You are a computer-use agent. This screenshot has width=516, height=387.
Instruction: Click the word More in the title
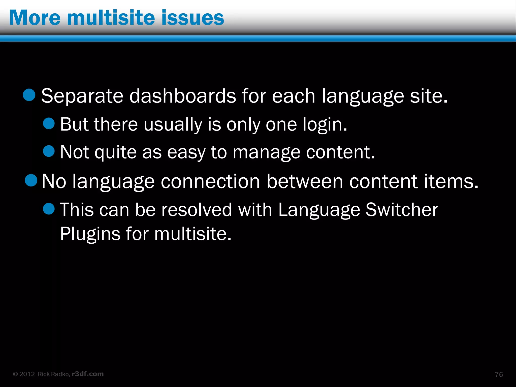click(x=35, y=18)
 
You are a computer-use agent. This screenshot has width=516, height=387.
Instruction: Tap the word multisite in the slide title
click(x=111, y=18)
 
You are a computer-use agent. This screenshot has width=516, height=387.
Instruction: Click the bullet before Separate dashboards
click(x=29, y=95)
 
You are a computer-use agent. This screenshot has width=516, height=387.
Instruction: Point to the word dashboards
click(x=183, y=96)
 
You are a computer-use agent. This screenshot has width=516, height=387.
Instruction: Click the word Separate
click(x=82, y=96)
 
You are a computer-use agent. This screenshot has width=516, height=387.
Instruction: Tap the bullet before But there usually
click(x=49, y=123)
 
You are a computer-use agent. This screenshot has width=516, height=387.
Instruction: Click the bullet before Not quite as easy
click(x=49, y=151)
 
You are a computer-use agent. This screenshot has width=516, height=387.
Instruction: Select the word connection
click(x=210, y=181)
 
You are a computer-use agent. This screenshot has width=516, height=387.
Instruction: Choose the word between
click(x=305, y=181)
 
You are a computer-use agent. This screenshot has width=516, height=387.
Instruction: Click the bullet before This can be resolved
click(x=49, y=209)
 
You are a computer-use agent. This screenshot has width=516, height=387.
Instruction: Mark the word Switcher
click(x=402, y=210)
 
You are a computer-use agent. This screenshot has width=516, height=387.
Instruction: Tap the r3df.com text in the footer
click(x=88, y=374)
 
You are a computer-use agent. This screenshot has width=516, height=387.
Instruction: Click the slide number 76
click(x=499, y=374)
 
